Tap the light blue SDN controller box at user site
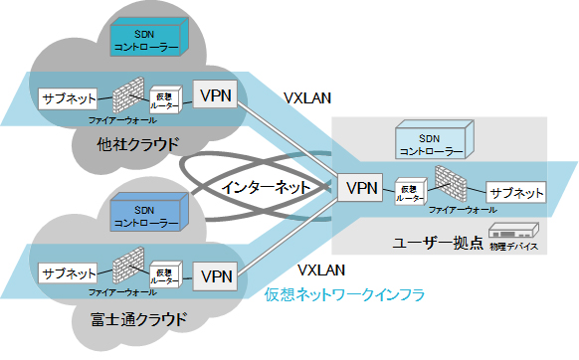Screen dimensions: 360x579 pyautogui.click(x=430, y=144)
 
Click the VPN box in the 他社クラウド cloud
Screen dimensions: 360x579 pyautogui.click(x=216, y=95)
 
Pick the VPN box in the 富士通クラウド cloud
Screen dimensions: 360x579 pyautogui.click(x=216, y=274)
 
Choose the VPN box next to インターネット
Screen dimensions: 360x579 pyautogui.click(x=362, y=186)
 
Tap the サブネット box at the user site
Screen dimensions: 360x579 pyautogui.click(x=514, y=192)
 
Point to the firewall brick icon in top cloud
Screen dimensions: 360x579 pyautogui.click(x=125, y=95)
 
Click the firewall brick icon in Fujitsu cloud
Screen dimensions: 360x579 pyautogui.click(x=125, y=270)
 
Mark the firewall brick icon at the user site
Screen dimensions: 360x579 pyautogui.click(x=451, y=184)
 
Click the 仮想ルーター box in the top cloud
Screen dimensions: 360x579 pyautogui.click(x=165, y=98)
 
